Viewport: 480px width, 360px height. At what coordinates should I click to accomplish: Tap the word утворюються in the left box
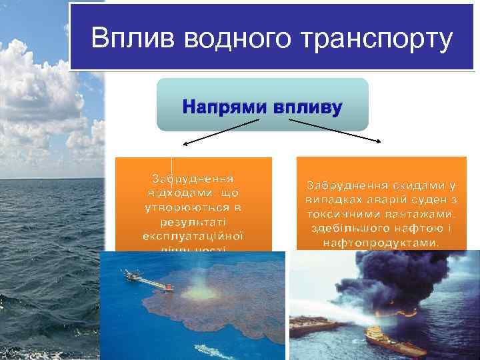[x=193, y=207]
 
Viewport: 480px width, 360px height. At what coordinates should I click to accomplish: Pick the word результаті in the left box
[x=193, y=221]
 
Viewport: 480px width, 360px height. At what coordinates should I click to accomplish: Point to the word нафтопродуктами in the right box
[x=381, y=243]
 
